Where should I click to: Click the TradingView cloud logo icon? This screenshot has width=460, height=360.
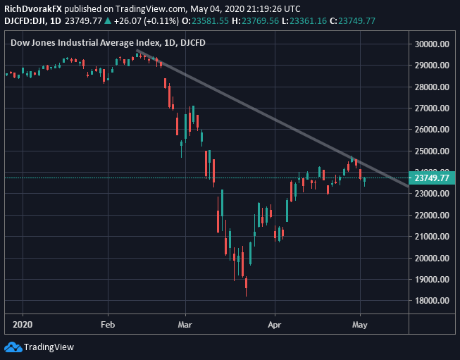tap(13, 347)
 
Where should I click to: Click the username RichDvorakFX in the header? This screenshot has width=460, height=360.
tap(32, 8)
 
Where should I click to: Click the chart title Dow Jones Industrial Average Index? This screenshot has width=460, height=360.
tap(73, 43)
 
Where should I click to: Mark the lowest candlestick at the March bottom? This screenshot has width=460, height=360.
tap(246, 283)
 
